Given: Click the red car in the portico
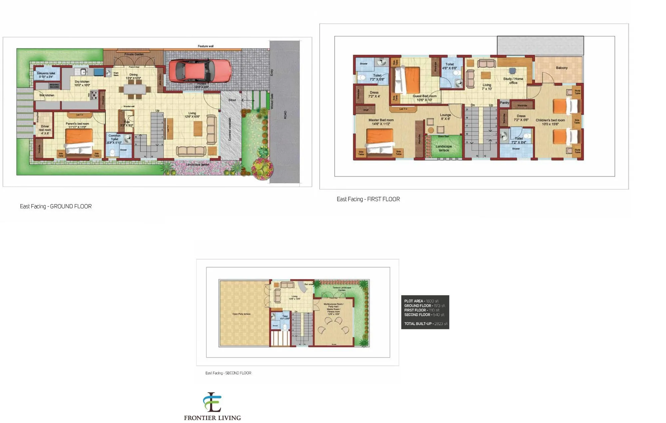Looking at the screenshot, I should (x=200, y=71).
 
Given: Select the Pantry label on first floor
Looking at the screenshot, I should (x=504, y=103).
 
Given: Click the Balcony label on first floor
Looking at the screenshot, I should (x=562, y=68).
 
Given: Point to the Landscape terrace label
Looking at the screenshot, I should (x=444, y=148).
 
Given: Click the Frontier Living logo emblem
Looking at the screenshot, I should (x=212, y=402).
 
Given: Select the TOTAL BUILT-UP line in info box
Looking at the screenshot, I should (x=426, y=324).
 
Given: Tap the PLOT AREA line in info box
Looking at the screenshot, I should (x=421, y=301).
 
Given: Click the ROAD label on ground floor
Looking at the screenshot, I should (x=285, y=115).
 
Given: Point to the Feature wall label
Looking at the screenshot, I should (x=205, y=46).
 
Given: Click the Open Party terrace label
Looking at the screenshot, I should (x=241, y=314).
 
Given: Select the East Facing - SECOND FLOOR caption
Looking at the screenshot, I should (x=228, y=373).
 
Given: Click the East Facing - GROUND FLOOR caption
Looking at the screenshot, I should (x=56, y=207).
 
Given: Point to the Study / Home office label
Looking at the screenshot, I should (x=513, y=81).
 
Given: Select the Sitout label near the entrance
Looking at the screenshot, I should (x=232, y=100).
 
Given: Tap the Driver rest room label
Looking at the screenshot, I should (x=45, y=130).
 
